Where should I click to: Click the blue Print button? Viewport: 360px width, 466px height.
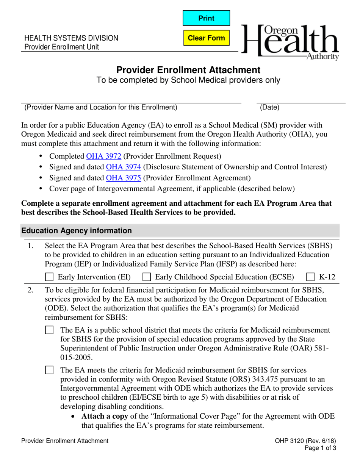coord(206,18)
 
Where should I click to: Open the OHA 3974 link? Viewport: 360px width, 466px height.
coord(118,167)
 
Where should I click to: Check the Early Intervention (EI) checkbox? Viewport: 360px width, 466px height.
coord(49,277)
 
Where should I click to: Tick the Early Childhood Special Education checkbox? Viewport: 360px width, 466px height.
coord(146,277)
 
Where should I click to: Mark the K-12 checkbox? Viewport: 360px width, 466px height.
coord(310,277)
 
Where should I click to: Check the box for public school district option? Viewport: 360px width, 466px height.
coord(49,330)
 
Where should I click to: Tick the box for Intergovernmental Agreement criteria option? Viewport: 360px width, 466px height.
coord(49,370)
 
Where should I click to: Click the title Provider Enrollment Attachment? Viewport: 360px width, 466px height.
coord(188,70)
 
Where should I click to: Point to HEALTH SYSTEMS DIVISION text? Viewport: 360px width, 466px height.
coord(71,38)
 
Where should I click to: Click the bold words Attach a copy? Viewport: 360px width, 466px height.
coord(105,416)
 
